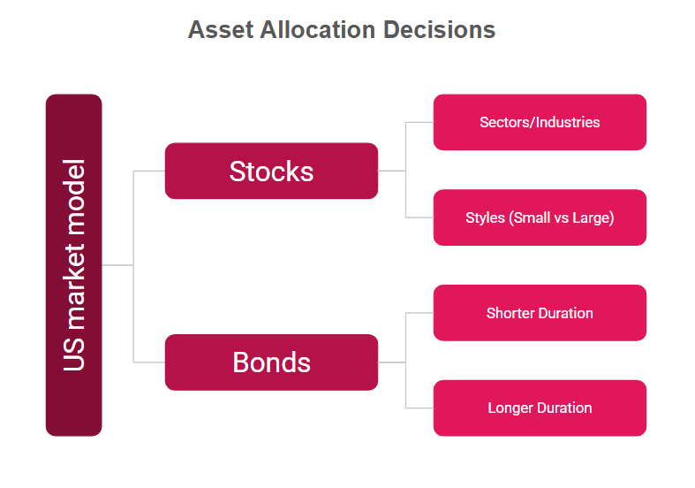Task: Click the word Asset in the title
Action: tap(221, 30)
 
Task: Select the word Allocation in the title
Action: tap(318, 30)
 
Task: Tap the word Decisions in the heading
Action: tap(439, 30)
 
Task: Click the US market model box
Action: tap(74, 265)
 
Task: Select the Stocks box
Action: tap(271, 171)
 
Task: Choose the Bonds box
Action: tap(271, 362)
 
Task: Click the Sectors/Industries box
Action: tap(540, 122)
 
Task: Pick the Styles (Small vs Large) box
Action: tap(540, 217)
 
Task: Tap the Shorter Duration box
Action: tap(540, 313)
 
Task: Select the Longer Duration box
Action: tap(540, 408)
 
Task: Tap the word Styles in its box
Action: tap(486, 217)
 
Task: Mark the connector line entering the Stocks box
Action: tap(149, 171)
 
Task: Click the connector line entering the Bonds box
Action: tap(149, 362)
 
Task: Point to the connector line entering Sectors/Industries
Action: tap(419, 122)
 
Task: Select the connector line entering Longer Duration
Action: tap(419, 408)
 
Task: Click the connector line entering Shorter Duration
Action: tap(419, 313)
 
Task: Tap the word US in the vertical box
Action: tap(74, 354)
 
